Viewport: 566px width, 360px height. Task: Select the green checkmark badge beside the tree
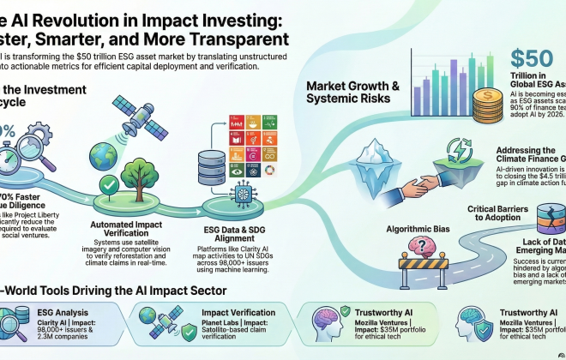[108, 185]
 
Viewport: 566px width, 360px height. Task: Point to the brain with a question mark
[422, 248]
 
